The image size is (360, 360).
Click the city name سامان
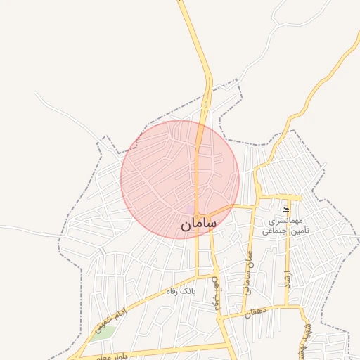click(x=199, y=224)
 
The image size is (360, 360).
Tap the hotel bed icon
click(x=285, y=210)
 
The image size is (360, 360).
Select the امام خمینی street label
click(x=112, y=319)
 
